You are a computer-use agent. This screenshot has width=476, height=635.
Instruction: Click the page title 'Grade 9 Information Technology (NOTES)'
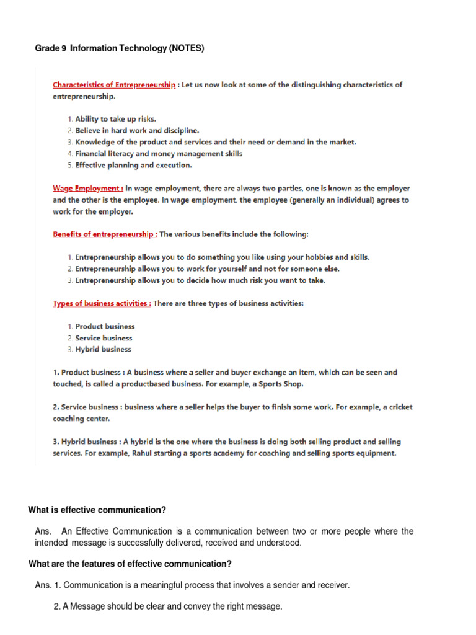pos(120,48)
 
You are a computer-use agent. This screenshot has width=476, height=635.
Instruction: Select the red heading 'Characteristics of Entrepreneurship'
pos(114,85)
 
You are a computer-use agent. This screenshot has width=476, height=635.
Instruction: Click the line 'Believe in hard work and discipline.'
pos(137,131)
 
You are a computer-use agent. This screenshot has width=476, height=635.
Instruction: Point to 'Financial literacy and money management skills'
pos(159,154)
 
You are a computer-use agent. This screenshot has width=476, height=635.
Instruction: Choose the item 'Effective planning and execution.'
pos(133,166)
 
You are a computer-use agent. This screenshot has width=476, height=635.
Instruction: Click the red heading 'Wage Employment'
pos(87,188)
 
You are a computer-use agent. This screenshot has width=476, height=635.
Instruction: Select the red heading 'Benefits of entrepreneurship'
pos(104,234)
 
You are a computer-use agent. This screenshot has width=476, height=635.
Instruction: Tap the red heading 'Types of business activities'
pos(101,303)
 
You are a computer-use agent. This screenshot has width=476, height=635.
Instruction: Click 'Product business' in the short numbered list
pos(105,326)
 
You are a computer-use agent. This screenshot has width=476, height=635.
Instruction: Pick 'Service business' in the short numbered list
pos(104,338)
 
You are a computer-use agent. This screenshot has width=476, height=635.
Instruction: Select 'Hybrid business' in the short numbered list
pos(103,349)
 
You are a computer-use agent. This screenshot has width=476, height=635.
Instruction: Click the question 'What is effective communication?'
pos(97,510)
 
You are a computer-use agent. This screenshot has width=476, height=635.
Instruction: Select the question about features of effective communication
pos(130,564)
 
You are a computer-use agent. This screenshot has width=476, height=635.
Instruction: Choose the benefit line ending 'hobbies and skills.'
pos(223,257)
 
